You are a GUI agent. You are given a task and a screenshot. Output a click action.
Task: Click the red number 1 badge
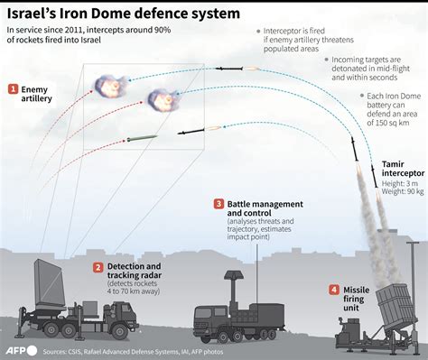[x=14, y=88]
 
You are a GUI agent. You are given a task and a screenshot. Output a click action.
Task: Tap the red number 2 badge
[x=98, y=267]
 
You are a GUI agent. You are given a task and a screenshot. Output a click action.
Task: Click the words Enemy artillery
[x=36, y=93]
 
